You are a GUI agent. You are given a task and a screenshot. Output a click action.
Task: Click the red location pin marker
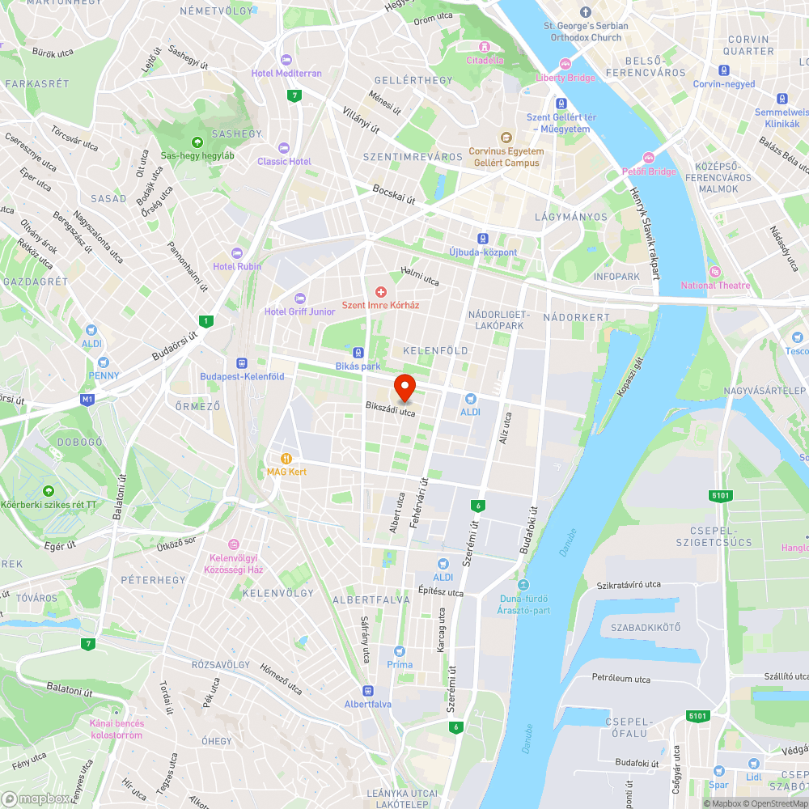tap(404, 386)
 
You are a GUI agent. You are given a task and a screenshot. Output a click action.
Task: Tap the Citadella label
tap(485, 60)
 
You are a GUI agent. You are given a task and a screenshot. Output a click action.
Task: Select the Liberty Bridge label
tap(565, 78)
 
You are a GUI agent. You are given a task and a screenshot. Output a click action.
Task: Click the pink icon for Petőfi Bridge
tap(649, 158)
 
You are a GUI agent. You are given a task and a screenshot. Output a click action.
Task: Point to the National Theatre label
tap(715, 285)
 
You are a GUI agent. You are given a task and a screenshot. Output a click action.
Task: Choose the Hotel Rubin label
tap(237, 266)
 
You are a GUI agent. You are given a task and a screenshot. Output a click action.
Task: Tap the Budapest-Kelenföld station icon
tap(242, 364)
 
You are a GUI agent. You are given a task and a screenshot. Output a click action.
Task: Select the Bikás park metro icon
tap(358, 353)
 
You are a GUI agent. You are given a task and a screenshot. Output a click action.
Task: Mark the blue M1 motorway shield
tap(87, 399)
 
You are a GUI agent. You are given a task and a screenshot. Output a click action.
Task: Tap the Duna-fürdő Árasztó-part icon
tap(523, 585)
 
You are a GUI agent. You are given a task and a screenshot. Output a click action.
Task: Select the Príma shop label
tap(400, 664)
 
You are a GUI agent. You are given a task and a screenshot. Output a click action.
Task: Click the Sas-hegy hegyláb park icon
tap(197, 142)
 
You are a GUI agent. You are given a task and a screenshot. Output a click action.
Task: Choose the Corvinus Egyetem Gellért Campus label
tap(506, 156)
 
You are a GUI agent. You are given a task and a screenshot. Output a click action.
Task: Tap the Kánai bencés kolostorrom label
tap(116, 729)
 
